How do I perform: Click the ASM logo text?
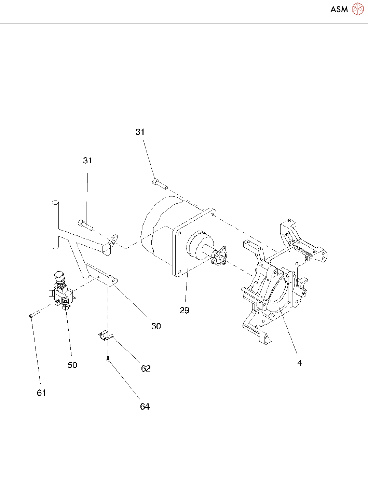point(339,9)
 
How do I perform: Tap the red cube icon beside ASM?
point(357,9)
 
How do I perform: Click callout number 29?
point(184,310)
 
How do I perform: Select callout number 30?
point(156,326)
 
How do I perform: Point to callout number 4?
point(300,363)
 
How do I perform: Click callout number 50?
point(72,365)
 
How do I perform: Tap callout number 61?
point(41,393)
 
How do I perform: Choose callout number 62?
point(146,369)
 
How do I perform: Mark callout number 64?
point(145,407)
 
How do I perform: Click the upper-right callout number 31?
point(140,132)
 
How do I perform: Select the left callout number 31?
point(87,161)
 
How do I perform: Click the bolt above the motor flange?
point(160,184)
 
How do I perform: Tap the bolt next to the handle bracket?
point(85,225)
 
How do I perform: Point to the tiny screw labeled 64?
point(108,359)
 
